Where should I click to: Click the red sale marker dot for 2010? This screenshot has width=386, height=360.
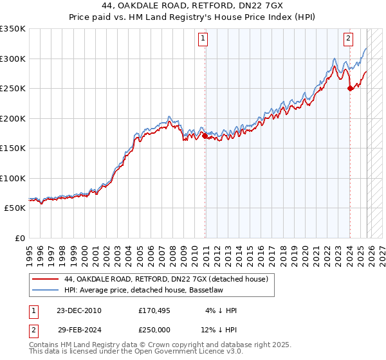[x=205, y=136]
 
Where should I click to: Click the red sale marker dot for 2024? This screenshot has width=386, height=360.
[x=350, y=89]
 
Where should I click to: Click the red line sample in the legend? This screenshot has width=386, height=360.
[x=45, y=280]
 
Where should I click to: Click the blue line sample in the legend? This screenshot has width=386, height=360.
[x=45, y=291]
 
